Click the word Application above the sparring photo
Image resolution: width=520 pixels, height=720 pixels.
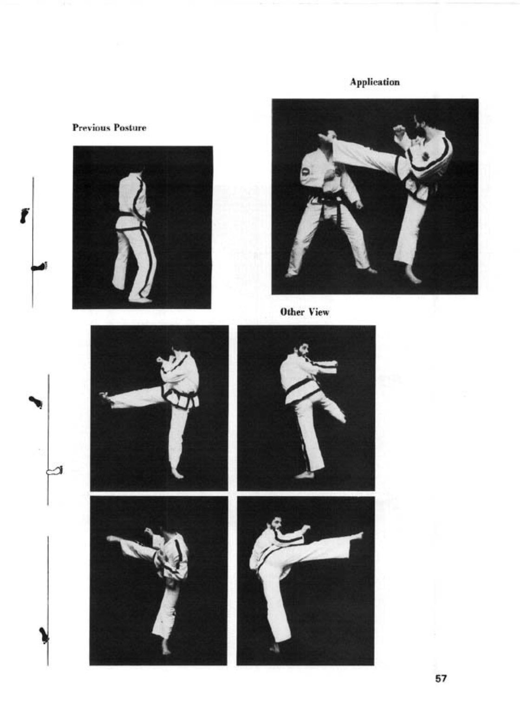[x=375, y=82]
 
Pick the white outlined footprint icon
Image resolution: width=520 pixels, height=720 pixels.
[x=54, y=471]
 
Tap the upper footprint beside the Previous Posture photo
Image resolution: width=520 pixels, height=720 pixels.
[x=25, y=215]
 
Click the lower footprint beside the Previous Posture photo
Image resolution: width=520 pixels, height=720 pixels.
[x=39, y=267]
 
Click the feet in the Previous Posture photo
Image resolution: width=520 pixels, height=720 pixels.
[x=140, y=300]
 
